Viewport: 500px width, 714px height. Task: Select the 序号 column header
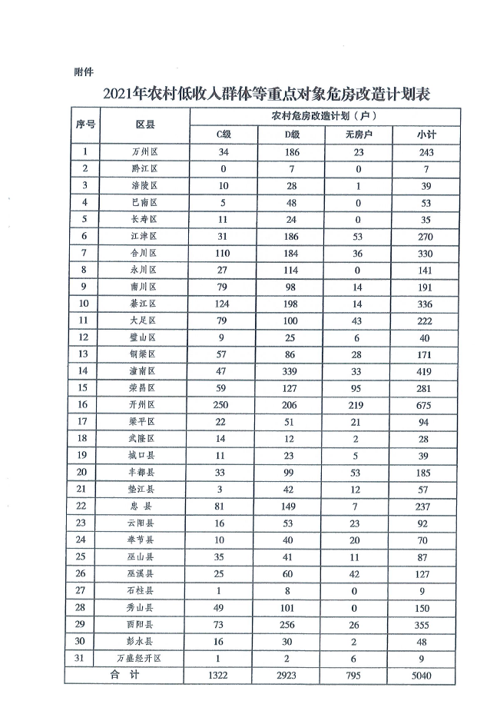coord(85,125)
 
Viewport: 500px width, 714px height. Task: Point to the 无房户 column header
coord(359,134)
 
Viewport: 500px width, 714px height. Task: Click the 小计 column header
coord(425,134)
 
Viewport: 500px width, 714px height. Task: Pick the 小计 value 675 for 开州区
coord(425,404)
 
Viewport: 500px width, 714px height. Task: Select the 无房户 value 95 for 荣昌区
coord(359,387)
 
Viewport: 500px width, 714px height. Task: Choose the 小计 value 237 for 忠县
coord(425,506)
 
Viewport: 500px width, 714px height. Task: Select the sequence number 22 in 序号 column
coord(85,506)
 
